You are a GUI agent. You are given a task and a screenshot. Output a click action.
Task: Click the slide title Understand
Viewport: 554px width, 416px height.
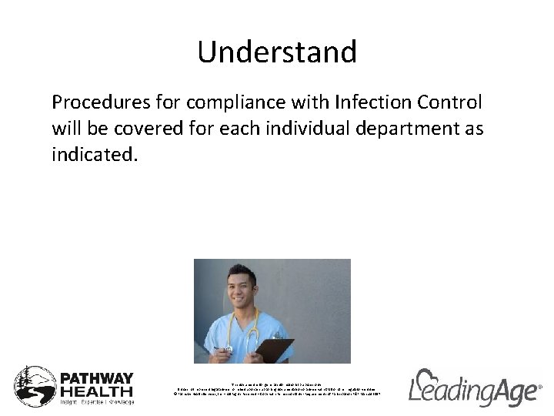click(x=277, y=52)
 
